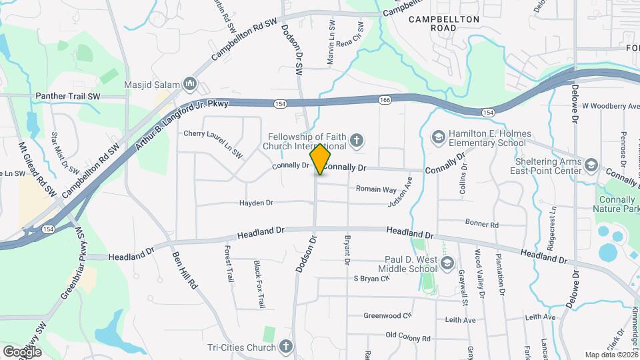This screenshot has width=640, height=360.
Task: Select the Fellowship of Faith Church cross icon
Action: tap(357, 140)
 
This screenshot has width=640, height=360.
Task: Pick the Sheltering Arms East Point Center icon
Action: tap(591, 165)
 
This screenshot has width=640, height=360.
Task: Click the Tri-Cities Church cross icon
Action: tap(285, 347)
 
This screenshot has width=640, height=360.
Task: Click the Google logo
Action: tap(22, 351)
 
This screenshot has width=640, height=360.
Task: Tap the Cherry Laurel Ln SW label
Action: tap(213, 144)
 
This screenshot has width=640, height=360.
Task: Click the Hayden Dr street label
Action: tap(257, 203)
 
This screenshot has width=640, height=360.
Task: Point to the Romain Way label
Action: tap(375, 189)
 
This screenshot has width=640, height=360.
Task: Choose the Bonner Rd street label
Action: tap(482, 225)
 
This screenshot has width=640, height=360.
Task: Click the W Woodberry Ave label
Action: tap(611, 106)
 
